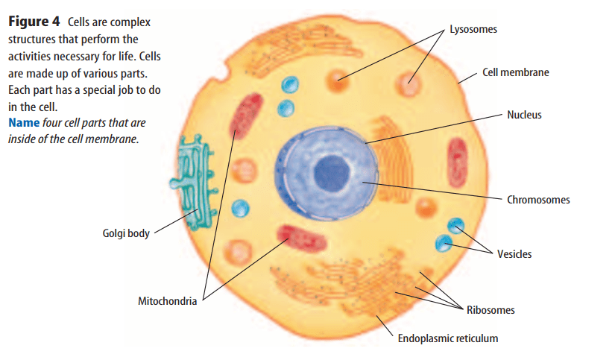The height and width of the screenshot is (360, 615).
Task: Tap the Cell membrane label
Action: tap(515, 72)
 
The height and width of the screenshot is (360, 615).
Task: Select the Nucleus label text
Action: tap(524, 115)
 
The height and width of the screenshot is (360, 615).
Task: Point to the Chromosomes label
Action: tap(538, 200)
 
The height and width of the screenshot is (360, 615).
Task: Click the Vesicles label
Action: tap(514, 254)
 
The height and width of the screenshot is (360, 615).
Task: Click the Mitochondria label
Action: tap(167, 302)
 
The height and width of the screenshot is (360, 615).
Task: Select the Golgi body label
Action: tap(125, 233)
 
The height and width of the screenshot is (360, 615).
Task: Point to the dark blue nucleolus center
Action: tap(329, 174)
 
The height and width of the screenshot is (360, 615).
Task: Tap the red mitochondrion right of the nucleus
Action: tap(456, 161)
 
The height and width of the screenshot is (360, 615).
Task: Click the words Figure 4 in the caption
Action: tap(34, 22)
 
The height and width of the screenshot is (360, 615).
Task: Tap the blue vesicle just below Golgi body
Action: tap(241, 209)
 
